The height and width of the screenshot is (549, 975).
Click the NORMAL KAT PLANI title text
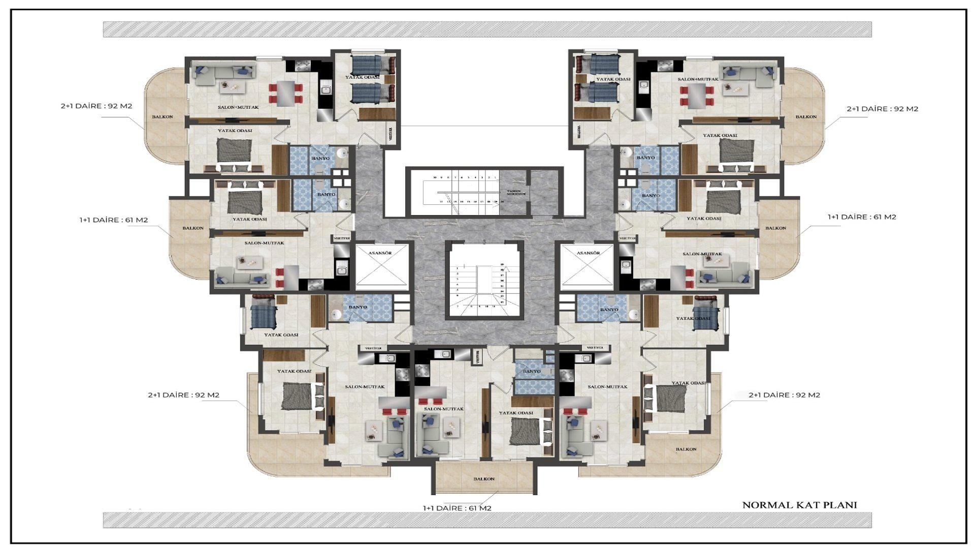pos(799,505)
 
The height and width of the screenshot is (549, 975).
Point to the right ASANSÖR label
pos(589,253)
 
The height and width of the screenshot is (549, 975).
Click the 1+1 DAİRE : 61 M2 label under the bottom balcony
pos(457,508)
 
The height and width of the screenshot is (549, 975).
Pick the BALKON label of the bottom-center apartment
pos(483,479)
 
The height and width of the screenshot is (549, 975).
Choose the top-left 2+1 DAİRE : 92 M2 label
pos(96,106)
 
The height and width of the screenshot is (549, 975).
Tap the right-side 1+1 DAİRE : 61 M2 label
pos(862,217)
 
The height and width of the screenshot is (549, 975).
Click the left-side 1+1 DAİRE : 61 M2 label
pos(114,220)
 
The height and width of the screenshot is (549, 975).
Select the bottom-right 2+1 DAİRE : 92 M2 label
pos(784,395)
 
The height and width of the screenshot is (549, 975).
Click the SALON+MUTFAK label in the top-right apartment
pos(698,79)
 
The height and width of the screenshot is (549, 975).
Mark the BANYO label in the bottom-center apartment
pos(532,372)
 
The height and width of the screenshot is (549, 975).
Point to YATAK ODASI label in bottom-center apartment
pos(516,413)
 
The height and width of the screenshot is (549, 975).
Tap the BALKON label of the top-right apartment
pos(806,117)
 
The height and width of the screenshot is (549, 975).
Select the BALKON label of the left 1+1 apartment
pos(193,228)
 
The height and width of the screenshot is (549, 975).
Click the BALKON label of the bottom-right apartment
pos(686,449)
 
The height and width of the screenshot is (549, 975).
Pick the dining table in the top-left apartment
pos(286,93)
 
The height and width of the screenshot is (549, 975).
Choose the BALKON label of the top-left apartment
pos(162,117)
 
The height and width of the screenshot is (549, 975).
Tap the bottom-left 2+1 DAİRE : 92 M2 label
pos(183,395)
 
